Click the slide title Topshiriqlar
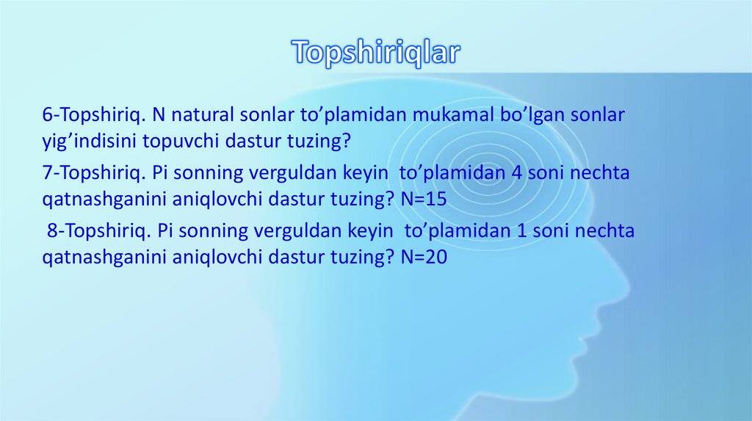point(375,52)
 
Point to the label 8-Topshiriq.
point(98,231)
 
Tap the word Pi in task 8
point(166,231)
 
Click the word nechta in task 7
point(603,173)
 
